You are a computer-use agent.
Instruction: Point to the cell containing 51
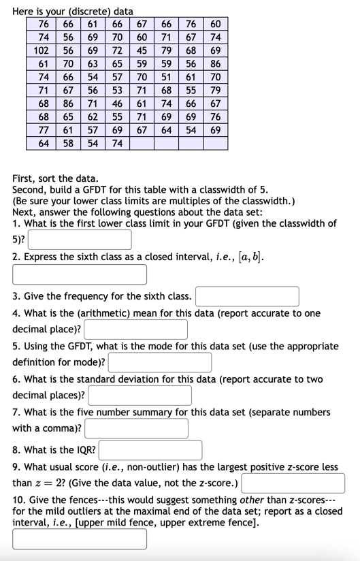pos(166,78)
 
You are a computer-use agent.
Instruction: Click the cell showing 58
pos(68,143)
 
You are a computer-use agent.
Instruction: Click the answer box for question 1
pos(80,240)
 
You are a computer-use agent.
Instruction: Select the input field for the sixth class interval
pos(80,274)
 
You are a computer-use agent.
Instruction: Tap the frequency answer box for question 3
pos(248,297)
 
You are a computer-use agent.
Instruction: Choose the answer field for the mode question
pos(160,362)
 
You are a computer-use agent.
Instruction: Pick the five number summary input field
pos(136,428)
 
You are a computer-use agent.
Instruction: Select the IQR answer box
pos(150,450)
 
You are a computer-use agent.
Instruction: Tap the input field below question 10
pos(80,539)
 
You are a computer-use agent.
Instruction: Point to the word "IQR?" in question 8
pos(86,450)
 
